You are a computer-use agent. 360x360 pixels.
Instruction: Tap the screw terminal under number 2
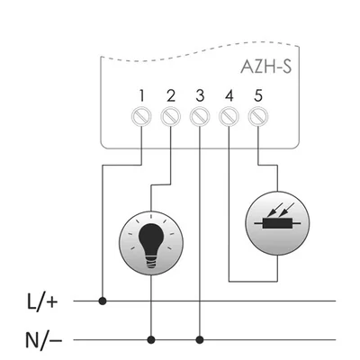tap(171, 116)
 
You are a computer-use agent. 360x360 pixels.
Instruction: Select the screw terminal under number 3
tap(200, 116)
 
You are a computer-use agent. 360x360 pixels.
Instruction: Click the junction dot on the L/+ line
tap(103, 301)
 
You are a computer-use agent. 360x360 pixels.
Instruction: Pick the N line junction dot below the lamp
tap(150, 340)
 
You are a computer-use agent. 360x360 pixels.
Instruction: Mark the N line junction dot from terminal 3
tap(200, 340)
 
